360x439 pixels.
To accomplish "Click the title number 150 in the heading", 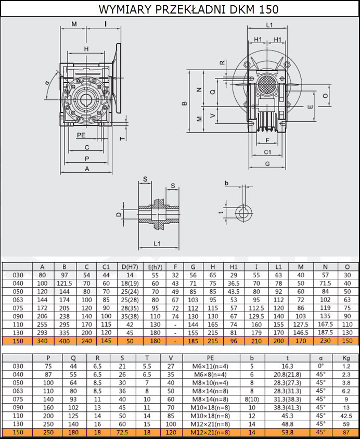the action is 269,9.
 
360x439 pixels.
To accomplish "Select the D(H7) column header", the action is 130,267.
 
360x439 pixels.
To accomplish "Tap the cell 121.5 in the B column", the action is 65,283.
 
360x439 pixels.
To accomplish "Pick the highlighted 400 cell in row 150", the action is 65,341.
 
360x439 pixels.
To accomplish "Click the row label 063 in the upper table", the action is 18,300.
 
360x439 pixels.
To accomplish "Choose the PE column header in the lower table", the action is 210,358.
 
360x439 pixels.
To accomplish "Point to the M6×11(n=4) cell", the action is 210,366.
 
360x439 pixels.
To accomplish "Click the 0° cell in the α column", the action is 321,366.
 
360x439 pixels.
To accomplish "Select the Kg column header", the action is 346,358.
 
